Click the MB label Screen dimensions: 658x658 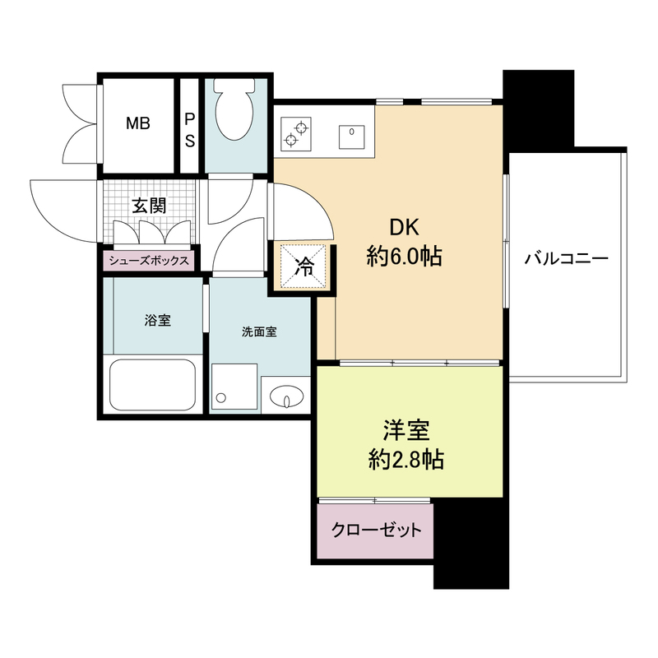[137, 124]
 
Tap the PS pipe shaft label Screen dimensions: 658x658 [189, 129]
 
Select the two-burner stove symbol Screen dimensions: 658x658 [295, 134]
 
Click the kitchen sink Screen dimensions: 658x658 [352, 132]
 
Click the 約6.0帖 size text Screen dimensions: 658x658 [404, 258]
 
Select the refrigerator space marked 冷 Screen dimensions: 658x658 [304, 266]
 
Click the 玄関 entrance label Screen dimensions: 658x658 [150, 206]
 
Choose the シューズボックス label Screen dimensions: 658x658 [148, 262]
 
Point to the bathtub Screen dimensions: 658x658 [153, 385]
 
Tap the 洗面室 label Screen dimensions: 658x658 [259, 332]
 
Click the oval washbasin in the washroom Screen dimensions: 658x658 [285, 396]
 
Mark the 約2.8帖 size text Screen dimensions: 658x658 [405, 460]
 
